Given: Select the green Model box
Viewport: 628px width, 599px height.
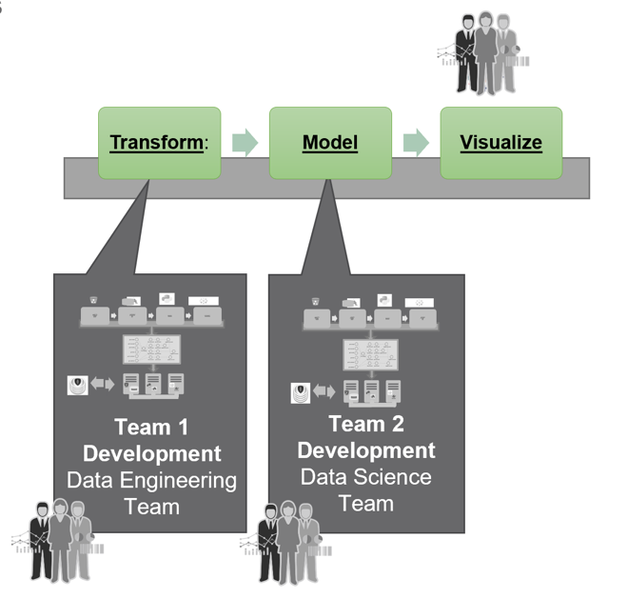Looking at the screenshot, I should [330, 143].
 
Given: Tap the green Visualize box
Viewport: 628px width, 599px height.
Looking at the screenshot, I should [500, 143].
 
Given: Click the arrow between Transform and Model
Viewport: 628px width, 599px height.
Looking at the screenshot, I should [245, 143].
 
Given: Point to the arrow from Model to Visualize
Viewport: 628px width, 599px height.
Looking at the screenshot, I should [416, 143].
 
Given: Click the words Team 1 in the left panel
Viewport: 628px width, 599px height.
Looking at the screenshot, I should [151, 426].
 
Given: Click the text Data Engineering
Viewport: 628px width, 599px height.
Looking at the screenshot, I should [151, 479].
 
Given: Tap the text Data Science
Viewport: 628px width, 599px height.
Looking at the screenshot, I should [366, 476].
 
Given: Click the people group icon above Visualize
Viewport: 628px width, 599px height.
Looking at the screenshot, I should [486, 52].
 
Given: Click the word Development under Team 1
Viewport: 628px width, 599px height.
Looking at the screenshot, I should [151, 452].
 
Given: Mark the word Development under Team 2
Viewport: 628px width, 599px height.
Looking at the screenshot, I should [366, 449].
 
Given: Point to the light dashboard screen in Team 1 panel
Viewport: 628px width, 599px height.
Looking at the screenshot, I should [150, 348].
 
